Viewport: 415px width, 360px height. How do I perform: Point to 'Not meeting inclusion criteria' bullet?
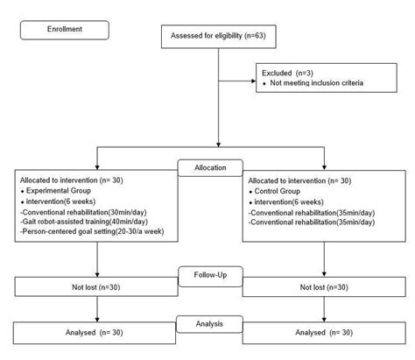coord(312,84)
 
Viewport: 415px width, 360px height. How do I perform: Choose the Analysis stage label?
coord(207,322)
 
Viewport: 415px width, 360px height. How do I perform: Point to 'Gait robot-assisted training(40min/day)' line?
coord(79,222)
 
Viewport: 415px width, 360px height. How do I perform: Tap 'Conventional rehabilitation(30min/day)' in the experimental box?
coord(81,211)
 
